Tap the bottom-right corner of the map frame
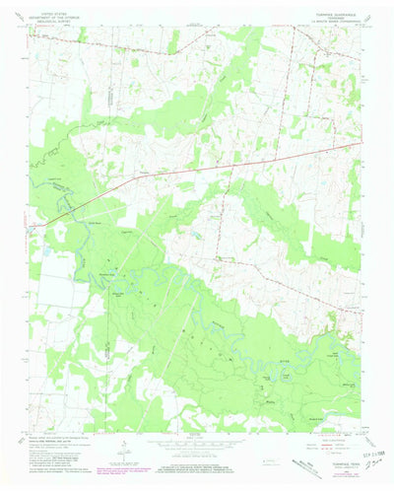click(x=364, y=431)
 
